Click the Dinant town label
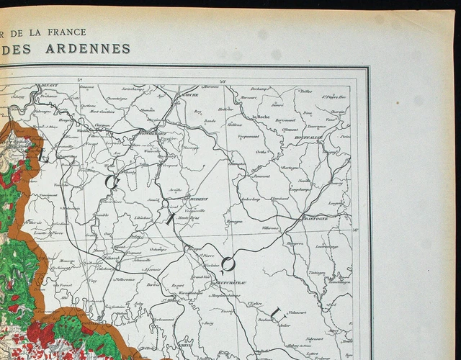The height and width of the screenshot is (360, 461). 50,86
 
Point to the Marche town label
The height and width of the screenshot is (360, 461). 190,95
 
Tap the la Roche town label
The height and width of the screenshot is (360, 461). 261,116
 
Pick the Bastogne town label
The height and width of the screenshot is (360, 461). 315,217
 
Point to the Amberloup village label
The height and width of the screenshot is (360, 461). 251,199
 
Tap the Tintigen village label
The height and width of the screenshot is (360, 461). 317,273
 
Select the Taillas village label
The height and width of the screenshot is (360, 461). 305,91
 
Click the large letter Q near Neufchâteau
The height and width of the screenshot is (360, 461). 227,265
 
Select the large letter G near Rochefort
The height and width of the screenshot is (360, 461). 112,181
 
